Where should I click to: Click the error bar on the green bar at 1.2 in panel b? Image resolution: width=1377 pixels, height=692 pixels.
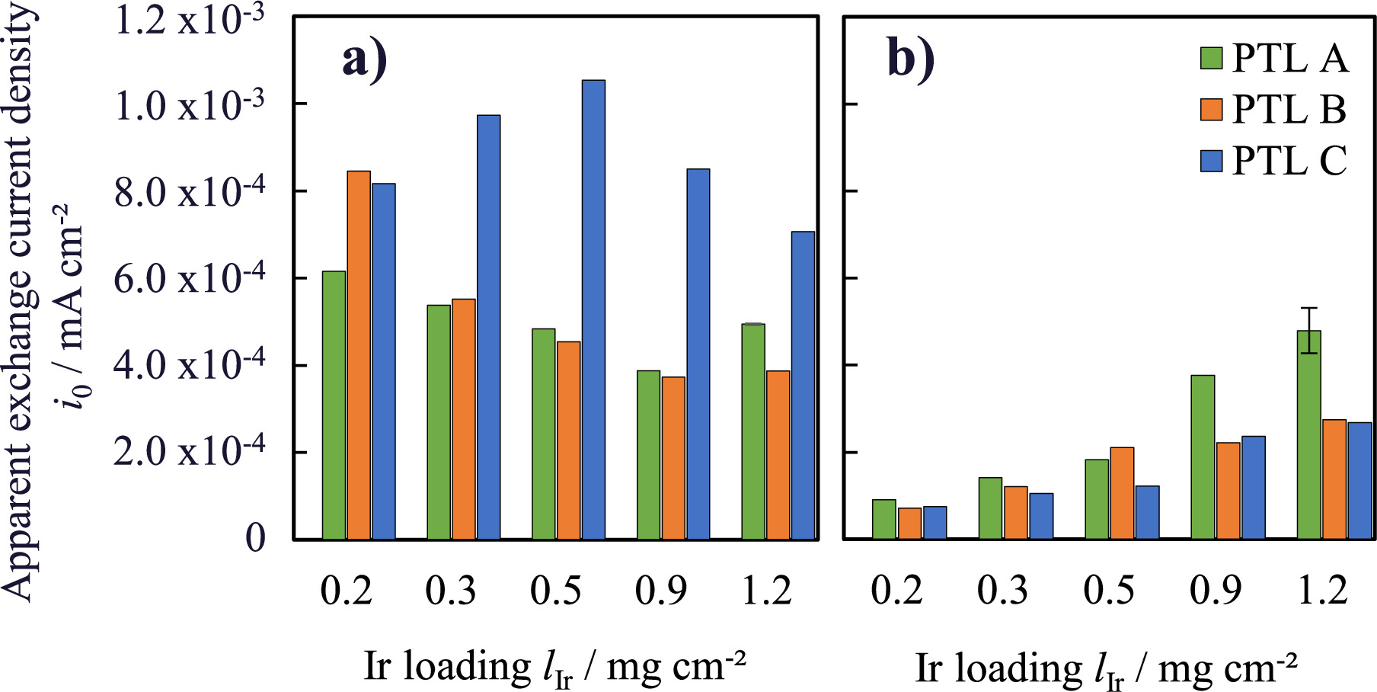tap(1308, 329)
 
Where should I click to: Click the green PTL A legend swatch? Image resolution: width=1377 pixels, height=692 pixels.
tap(1211, 58)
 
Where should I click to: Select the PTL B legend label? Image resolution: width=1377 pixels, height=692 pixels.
tap(1289, 109)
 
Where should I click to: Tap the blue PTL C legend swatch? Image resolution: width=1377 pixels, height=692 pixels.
tap(1211, 161)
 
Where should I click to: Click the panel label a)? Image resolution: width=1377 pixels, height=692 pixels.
tap(365, 59)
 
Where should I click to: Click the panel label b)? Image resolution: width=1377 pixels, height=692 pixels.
tap(911, 59)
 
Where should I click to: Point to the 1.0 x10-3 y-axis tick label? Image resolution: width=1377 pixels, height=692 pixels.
tap(189, 104)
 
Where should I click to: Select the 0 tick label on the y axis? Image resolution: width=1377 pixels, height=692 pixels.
tap(255, 538)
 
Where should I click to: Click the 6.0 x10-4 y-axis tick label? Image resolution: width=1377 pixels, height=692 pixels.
tap(189, 277)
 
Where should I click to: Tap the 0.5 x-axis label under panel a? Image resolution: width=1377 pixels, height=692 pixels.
tap(556, 590)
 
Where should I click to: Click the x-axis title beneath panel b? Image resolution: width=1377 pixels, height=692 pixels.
tap(1106, 668)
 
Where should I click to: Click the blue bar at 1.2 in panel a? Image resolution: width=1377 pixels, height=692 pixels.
tap(803, 386)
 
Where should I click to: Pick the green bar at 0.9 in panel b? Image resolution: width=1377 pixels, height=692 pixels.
tap(1203, 457)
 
